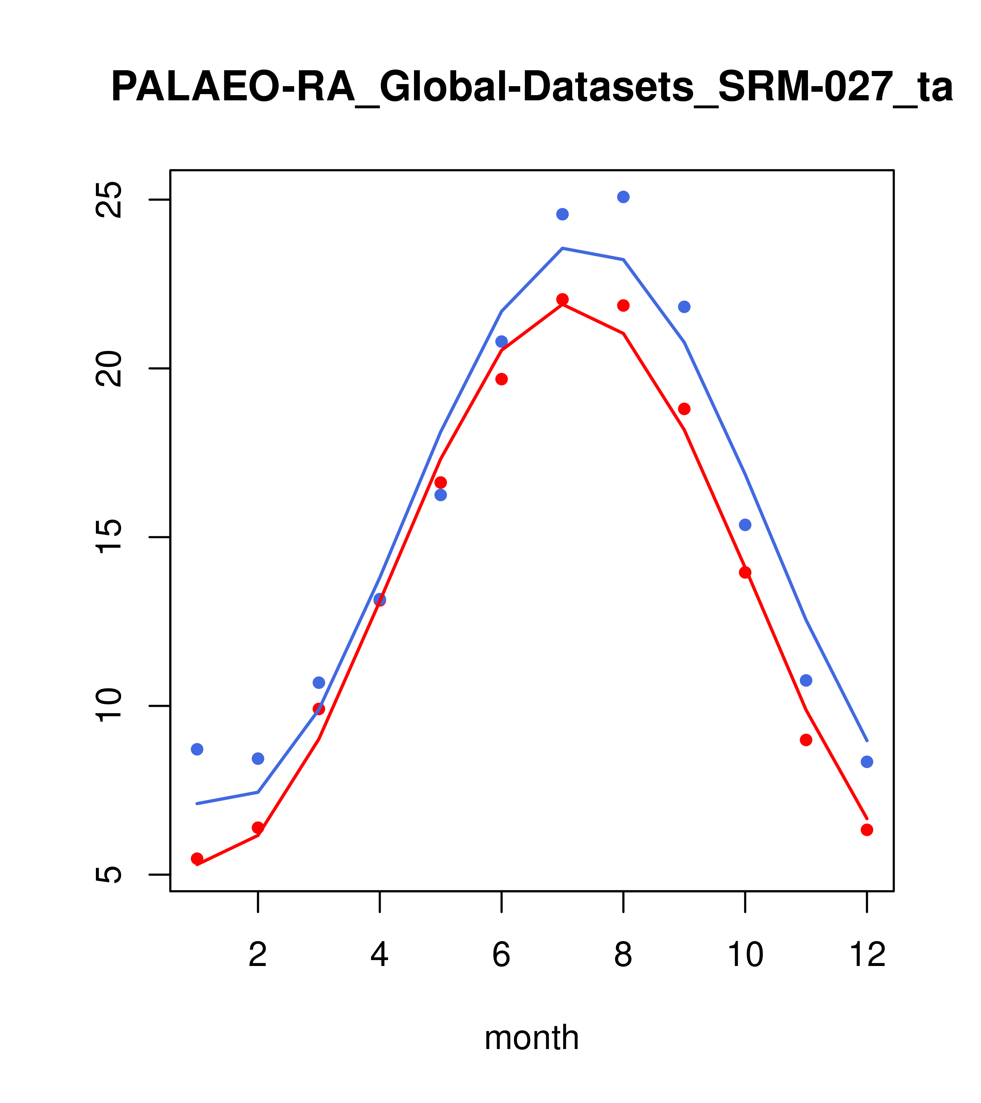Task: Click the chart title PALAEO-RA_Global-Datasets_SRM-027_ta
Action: click(x=532, y=88)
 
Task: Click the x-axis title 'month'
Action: click(x=532, y=1038)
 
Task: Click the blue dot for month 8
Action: click(x=623, y=197)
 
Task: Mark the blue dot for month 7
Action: click(x=562, y=214)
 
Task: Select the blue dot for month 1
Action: click(x=197, y=749)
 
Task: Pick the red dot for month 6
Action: click(x=502, y=379)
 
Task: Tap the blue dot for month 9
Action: click(x=684, y=307)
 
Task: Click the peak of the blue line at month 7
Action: click(x=562, y=248)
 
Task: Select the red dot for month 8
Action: click(x=623, y=306)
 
